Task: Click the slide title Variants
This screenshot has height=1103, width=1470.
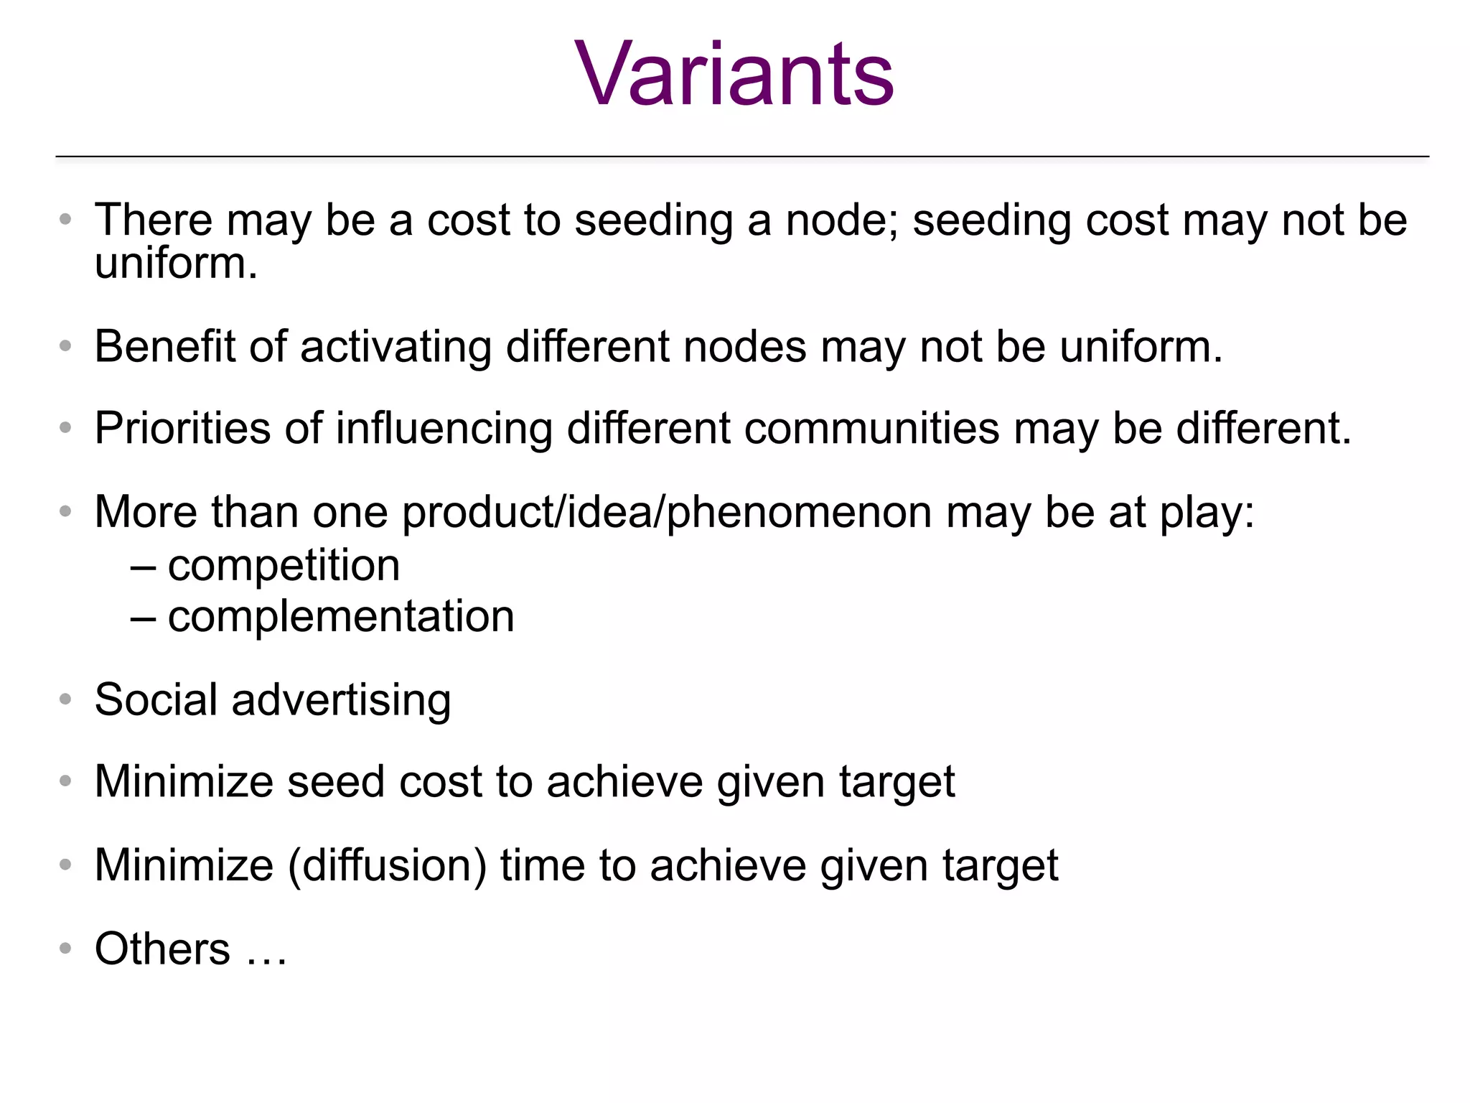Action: tap(734, 74)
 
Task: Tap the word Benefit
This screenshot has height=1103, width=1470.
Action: tap(164, 347)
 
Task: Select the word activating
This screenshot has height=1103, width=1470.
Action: tap(395, 347)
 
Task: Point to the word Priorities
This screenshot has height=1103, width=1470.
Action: tap(182, 429)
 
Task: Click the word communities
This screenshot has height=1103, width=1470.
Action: tap(871, 429)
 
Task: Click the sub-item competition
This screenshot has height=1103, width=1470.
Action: tap(284, 566)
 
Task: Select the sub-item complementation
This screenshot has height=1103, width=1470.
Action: tap(341, 617)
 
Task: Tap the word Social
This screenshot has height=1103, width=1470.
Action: tap(156, 700)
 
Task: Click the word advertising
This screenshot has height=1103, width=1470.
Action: tap(341, 700)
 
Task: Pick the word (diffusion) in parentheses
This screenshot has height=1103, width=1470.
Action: tap(387, 865)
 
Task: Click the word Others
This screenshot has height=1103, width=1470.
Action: tap(162, 949)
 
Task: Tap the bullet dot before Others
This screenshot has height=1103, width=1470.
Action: tap(65, 949)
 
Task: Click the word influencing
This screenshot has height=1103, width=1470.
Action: tap(444, 429)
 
